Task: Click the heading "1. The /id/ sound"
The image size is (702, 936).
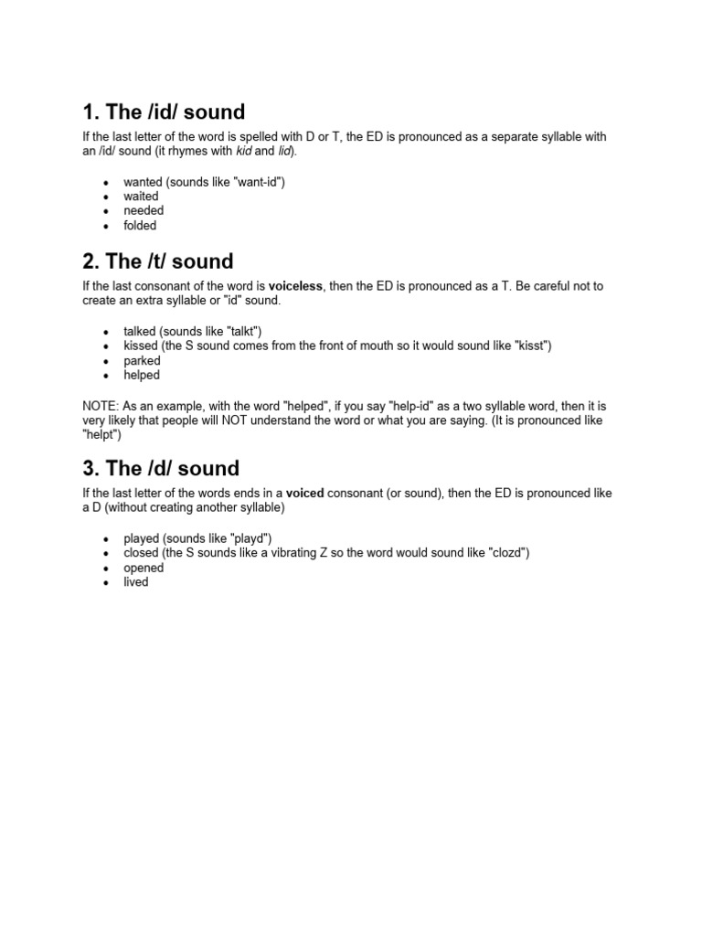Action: [164, 112]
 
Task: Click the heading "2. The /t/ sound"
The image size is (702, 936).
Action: [158, 262]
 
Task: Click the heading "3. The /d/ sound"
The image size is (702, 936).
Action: [161, 469]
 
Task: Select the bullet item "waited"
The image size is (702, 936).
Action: [141, 197]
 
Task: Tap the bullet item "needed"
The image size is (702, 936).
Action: [144, 211]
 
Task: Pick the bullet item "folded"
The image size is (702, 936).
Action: [140, 226]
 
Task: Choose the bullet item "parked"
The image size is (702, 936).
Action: [142, 361]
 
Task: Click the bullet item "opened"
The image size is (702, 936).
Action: [144, 568]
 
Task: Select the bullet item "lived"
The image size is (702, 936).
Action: [135, 582]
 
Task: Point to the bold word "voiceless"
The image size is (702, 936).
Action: [295, 286]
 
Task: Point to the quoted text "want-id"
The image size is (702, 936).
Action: [259, 182]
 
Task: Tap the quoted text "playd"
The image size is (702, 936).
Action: [249, 537]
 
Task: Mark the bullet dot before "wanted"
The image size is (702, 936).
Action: [106, 183]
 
